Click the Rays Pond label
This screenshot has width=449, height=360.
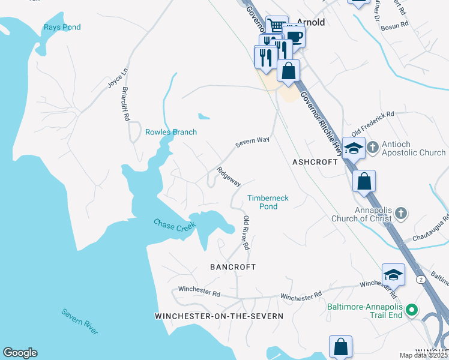tap(62, 27)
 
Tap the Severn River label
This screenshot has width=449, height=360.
tap(80, 322)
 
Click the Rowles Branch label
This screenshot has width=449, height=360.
tap(171, 132)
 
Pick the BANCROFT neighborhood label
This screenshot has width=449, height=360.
tap(232, 266)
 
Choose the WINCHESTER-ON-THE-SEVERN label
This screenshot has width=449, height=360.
tap(218, 316)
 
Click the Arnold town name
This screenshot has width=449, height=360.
tap(310, 22)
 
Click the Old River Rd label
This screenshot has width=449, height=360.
tap(246, 233)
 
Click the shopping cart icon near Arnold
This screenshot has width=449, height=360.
tap(277, 26)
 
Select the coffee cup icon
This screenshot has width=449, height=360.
tap(294, 36)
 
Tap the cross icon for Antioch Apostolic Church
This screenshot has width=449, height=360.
tap(372, 146)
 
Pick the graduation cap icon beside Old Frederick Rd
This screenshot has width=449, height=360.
tap(354, 148)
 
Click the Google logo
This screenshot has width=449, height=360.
tap(20, 353)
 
